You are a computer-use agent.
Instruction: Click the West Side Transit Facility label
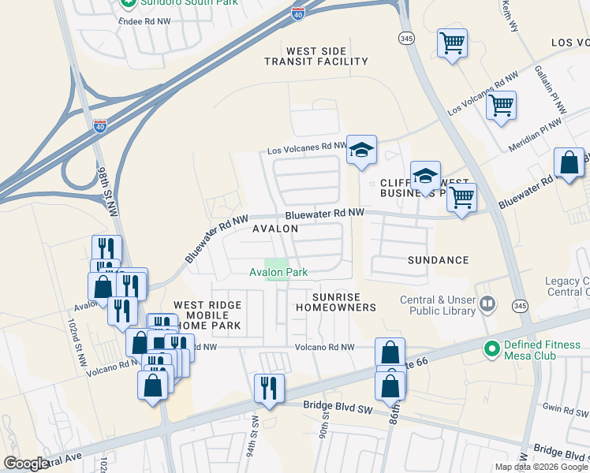tap(316, 56)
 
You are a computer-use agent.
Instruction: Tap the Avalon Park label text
tap(278, 273)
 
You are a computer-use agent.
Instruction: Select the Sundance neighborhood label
tap(438, 259)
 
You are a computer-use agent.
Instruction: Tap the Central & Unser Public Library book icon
tap(488, 304)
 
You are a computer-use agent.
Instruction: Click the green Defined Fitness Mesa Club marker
tap(493, 347)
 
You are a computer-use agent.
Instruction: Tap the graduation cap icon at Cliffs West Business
tap(425, 176)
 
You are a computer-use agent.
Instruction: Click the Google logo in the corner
tap(26, 464)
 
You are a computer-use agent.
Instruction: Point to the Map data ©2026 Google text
tap(541, 467)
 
